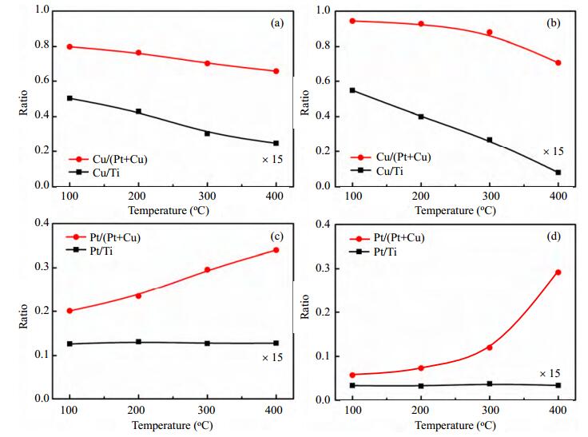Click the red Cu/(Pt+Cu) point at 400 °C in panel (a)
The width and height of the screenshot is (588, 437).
tap(276, 71)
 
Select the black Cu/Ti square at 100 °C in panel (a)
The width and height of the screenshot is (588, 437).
tap(70, 98)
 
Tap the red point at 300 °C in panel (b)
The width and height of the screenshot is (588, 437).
tap(490, 33)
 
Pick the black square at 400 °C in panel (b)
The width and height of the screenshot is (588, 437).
tap(558, 173)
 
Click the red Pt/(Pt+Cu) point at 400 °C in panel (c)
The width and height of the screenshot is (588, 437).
tap(276, 250)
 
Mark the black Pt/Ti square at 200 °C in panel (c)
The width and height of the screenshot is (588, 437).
tap(138, 342)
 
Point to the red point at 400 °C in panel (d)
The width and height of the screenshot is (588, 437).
tap(558, 272)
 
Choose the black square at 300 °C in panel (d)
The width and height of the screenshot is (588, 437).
tap(490, 383)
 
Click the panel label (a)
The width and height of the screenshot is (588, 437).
tap(277, 23)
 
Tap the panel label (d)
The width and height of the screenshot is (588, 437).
tap(554, 236)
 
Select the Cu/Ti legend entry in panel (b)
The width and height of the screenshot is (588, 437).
tap(377, 171)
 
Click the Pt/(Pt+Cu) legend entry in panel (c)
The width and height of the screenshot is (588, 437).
tap(103, 237)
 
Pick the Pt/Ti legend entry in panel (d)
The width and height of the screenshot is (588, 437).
tap(373, 252)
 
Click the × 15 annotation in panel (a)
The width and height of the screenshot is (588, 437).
tap(272, 160)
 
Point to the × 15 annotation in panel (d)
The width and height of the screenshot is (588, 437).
tap(550, 374)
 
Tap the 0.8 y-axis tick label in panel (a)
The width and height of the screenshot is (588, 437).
tap(42, 45)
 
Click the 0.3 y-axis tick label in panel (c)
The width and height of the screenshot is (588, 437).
tap(42, 267)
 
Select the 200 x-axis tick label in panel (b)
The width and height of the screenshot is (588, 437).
tap(421, 196)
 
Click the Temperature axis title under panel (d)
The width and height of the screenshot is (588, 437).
tap(455, 425)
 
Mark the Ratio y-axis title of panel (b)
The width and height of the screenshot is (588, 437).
tap(305, 102)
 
